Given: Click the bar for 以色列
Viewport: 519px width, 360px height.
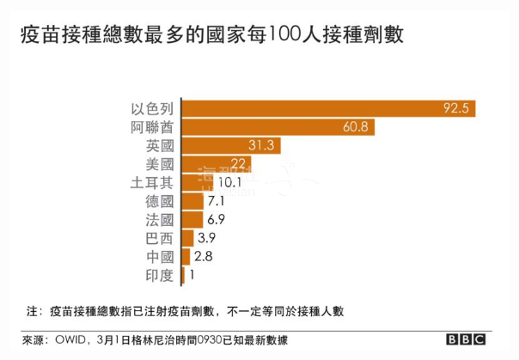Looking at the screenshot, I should tap(327, 108).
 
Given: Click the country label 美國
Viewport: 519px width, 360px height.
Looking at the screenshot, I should tap(161, 163).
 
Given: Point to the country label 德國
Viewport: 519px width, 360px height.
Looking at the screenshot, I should tap(161, 201).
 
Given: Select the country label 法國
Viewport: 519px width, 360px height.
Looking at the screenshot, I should tap(161, 219).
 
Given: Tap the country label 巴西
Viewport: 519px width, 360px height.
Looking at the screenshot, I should tap(161, 238).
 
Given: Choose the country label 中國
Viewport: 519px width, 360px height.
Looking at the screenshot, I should tap(161, 256).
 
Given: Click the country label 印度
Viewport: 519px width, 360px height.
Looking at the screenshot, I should tap(161, 275).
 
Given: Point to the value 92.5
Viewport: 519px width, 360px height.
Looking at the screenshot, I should tap(455, 108).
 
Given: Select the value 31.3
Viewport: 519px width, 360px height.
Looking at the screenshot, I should tap(259, 145).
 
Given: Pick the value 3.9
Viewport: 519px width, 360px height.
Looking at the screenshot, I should tap(207, 238).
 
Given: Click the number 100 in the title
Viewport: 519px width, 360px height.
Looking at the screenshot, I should tap(285, 34).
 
